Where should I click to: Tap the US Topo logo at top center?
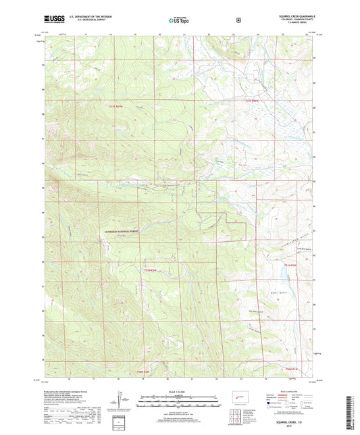(x=179, y=21)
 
